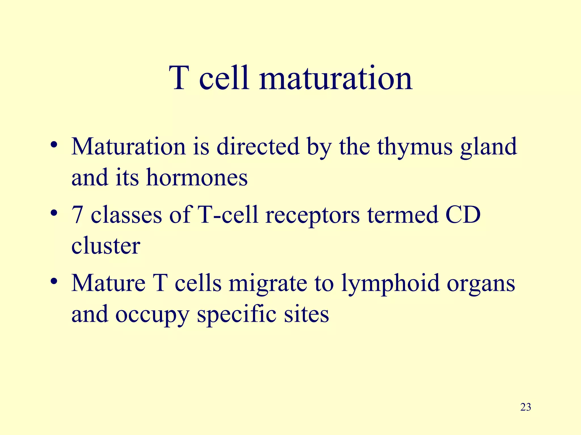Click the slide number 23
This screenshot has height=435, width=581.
(x=526, y=407)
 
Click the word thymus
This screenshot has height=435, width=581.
(x=415, y=147)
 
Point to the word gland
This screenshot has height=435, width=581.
(x=489, y=147)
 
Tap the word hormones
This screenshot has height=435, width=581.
(x=197, y=178)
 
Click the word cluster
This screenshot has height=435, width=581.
(x=106, y=246)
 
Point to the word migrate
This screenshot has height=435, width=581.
(x=268, y=284)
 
